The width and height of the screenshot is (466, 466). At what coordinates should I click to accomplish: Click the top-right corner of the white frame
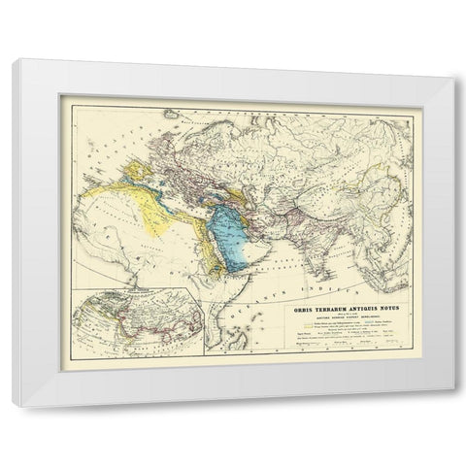tap(454, 76)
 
